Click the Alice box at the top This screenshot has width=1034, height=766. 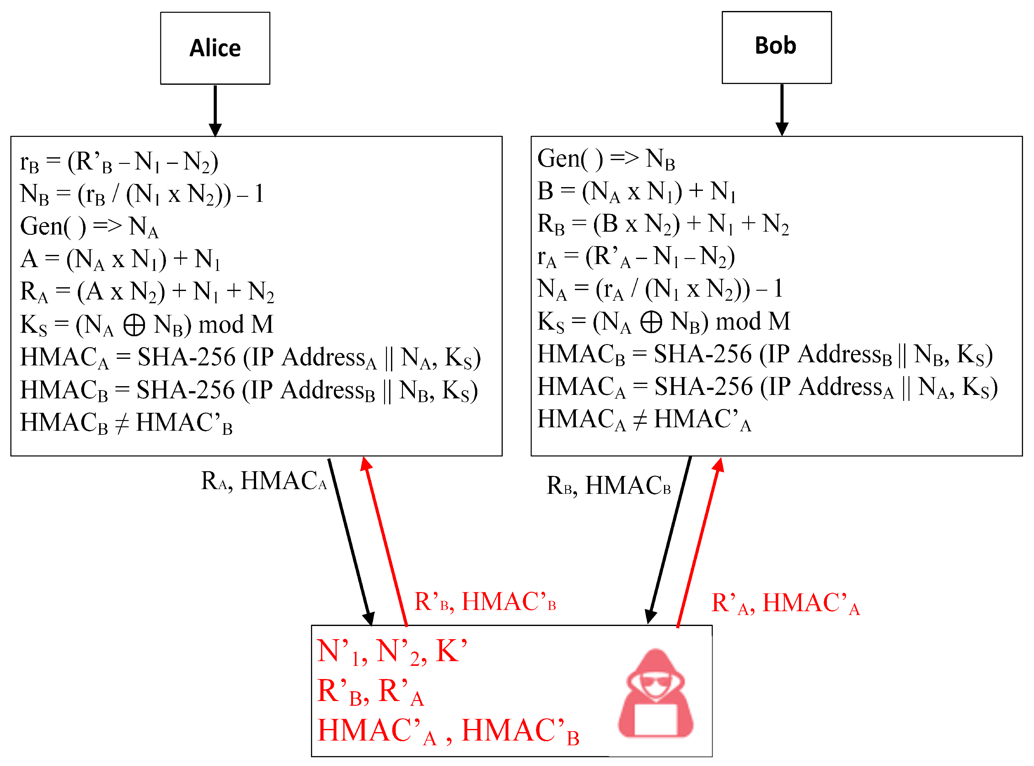[215, 48]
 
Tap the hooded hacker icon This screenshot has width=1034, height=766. [655, 694]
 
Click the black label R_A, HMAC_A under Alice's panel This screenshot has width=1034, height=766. [264, 481]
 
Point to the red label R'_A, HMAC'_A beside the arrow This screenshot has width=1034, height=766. [785, 604]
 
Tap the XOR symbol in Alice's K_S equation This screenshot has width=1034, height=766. [134, 325]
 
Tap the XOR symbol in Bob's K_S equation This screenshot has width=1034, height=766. [651, 322]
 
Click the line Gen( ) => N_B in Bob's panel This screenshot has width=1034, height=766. [606, 159]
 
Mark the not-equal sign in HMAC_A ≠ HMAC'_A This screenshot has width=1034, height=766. [640, 420]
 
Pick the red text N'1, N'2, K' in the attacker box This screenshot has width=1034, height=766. [392, 651]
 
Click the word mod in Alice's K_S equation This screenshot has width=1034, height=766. [221, 325]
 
